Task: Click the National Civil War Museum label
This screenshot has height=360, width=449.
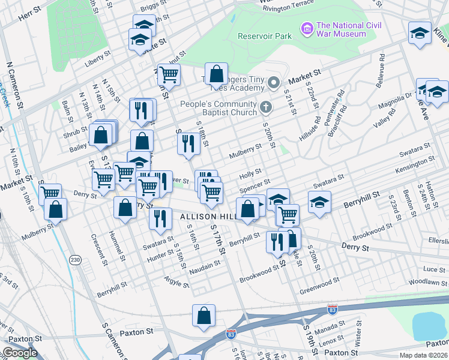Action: pos(341,29)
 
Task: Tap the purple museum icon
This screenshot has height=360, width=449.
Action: pos(307,28)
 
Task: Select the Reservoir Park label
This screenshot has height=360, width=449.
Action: pos(264,36)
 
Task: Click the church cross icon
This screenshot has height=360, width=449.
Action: pos(267,107)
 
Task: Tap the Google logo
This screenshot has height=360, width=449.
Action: pos(20,353)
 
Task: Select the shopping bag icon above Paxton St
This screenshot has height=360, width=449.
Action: pos(203,315)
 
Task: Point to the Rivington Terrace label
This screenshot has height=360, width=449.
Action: pos(288,5)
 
